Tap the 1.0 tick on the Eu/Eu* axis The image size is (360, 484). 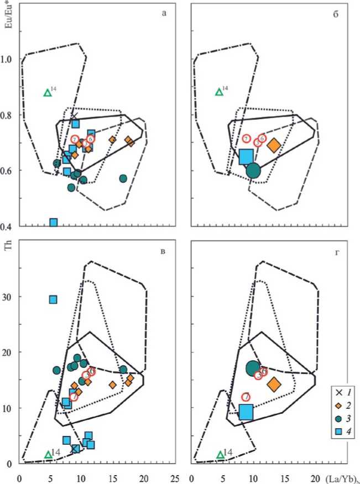point(11,59)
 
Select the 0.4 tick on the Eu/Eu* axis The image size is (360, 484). point(11,227)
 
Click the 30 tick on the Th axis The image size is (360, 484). point(11,297)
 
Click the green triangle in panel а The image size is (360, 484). point(48,93)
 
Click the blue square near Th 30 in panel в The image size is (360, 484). point(53,299)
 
